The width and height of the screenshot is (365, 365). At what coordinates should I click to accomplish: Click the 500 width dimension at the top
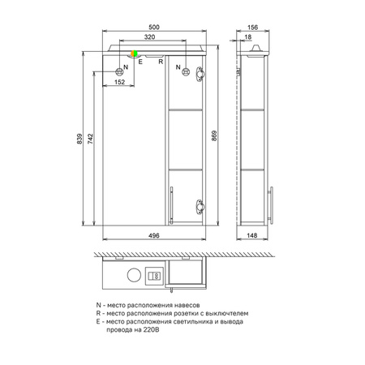154,27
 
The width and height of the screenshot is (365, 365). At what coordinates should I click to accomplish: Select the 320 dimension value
149,36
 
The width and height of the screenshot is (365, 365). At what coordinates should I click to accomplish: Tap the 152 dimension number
119,82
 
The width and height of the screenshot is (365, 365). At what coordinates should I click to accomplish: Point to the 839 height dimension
79,139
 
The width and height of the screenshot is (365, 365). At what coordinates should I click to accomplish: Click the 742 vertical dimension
90,139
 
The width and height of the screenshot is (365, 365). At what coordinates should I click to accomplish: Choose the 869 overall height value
214,136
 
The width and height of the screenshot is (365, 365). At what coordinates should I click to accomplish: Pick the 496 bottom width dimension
154,235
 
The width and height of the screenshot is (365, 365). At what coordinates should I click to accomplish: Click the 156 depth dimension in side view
252,27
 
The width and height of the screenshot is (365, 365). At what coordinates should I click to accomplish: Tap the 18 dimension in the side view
248,36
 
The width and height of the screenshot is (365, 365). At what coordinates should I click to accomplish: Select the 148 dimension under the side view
251,235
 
